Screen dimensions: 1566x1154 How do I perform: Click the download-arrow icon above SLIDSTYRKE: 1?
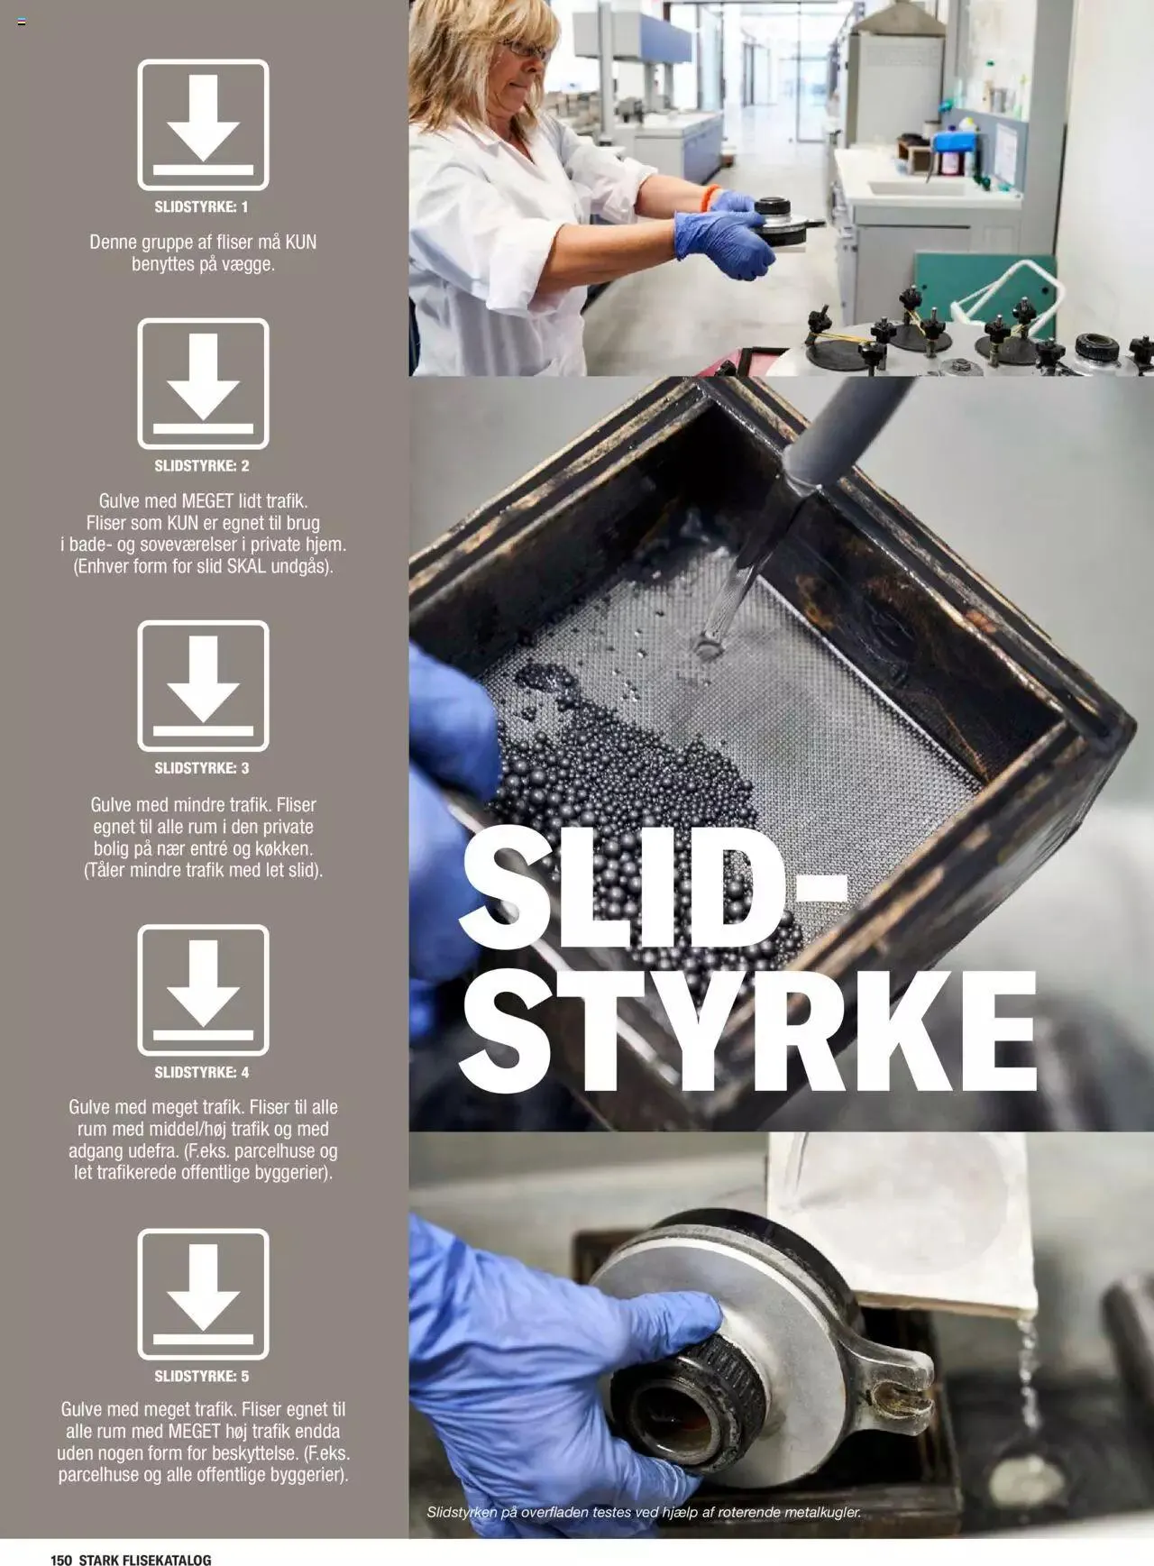click(x=203, y=124)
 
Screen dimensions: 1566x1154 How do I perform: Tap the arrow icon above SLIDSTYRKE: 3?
click(x=203, y=685)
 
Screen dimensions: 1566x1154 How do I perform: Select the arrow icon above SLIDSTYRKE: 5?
click(x=203, y=1294)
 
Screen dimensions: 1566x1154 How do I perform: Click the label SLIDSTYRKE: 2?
click(x=201, y=466)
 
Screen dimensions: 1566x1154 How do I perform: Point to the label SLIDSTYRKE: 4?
click(x=201, y=1072)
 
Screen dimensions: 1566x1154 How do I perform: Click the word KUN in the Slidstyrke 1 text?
click(x=300, y=243)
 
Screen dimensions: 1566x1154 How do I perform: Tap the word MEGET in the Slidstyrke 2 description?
click(x=208, y=500)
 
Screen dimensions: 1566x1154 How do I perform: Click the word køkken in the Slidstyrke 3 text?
click(x=283, y=848)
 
